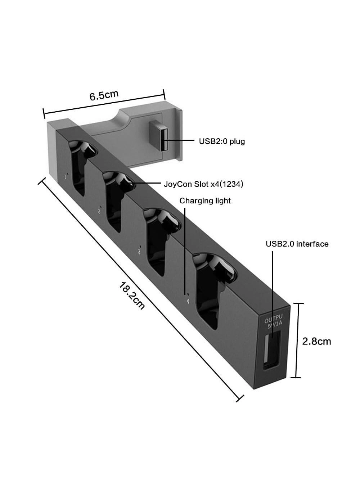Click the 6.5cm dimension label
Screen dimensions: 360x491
(104, 95)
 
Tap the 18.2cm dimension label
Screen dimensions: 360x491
(132, 296)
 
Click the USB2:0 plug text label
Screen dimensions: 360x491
(222, 141)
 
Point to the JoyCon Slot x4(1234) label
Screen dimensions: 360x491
(203, 184)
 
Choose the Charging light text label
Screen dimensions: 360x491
(205, 201)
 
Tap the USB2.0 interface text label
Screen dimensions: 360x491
(297, 244)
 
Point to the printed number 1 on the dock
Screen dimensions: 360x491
(65, 176)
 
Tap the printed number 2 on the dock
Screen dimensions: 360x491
(99, 211)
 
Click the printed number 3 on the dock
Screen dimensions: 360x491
(139, 252)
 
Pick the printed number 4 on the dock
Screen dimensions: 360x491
(188, 301)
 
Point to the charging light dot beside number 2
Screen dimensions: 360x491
(101, 207)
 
